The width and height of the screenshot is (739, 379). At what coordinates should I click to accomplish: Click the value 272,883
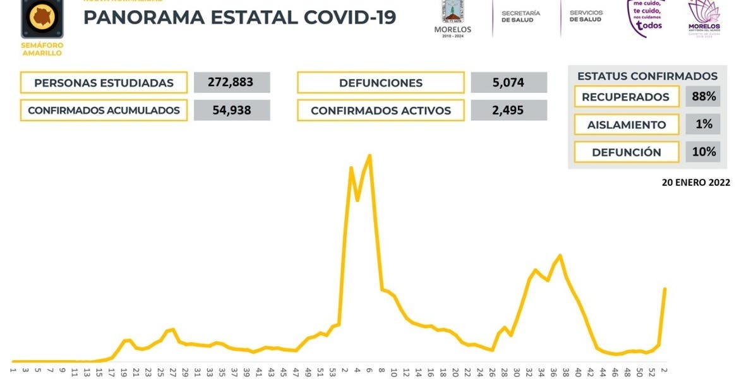pyautogui.click(x=232, y=83)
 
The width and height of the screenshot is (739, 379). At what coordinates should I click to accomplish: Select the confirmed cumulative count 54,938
pyautogui.click(x=232, y=111)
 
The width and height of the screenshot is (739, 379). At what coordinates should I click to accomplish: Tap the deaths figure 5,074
pyautogui.click(x=508, y=83)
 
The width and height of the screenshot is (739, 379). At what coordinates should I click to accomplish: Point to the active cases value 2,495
pyautogui.click(x=508, y=111)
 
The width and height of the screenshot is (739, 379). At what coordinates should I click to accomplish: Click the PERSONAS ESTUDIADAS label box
pyautogui.click(x=104, y=83)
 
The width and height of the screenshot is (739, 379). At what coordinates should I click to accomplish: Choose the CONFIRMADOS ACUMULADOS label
pyautogui.click(x=104, y=111)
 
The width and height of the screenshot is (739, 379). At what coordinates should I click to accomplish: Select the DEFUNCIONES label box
pyautogui.click(x=380, y=83)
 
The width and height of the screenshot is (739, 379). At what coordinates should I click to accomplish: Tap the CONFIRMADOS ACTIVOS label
pyautogui.click(x=380, y=111)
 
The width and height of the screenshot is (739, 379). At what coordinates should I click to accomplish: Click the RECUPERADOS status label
pyautogui.click(x=625, y=97)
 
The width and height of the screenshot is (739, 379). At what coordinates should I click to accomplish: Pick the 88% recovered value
pyautogui.click(x=703, y=97)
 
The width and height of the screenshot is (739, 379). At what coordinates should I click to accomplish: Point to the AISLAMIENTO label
pyautogui.click(x=625, y=124)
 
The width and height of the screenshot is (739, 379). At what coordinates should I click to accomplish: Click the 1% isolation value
pyautogui.click(x=703, y=124)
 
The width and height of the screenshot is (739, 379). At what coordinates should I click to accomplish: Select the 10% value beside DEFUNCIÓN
pyautogui.click(x=703, y=152)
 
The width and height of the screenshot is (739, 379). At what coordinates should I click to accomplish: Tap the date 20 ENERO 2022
pyautogui.click(x=695, y=182)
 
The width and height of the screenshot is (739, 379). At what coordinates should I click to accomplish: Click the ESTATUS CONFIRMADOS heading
pyautogui.click(x=647, y=76)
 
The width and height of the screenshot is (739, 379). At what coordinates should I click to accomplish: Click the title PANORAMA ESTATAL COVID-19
pyautogui.click(x=239, y=17)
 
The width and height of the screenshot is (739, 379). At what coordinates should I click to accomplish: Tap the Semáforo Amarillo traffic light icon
pyautogui.click(x=42, y=19)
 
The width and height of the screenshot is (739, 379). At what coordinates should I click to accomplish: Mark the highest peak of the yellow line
pyautogui.click(x=369, y=155)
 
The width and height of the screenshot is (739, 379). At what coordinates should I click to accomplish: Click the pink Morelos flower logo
pyautogui.click(x=703, y=18)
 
